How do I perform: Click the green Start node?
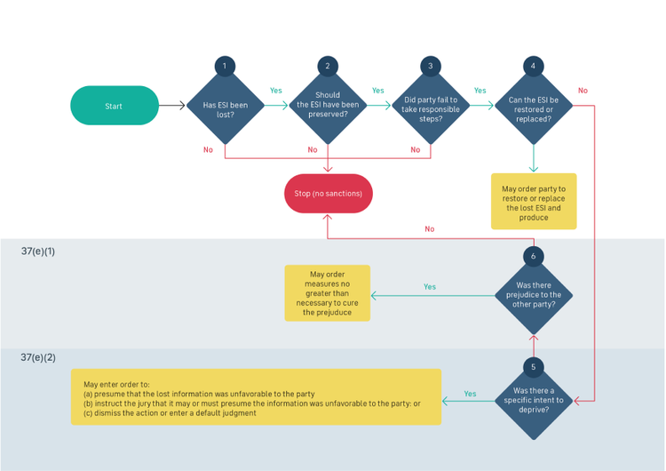(115, 106)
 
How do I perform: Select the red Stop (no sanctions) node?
(328, 193)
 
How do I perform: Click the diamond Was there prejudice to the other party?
(533, 294)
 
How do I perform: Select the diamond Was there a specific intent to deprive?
(533, 400)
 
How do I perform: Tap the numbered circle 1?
(225, 66)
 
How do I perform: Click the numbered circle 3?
(431, 66)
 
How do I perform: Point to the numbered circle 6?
(533, 256)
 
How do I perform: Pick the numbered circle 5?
(533, 366)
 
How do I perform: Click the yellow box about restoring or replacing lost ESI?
(533, 202)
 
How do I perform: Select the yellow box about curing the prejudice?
(327, 293)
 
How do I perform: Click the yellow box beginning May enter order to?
(256, 397)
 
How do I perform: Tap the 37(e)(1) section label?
(38, 251)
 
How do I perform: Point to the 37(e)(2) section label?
(38, 357)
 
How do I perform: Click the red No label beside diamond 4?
(583, 91)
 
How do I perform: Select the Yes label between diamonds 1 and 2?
(276, 91)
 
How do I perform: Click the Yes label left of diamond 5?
(470, 394)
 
